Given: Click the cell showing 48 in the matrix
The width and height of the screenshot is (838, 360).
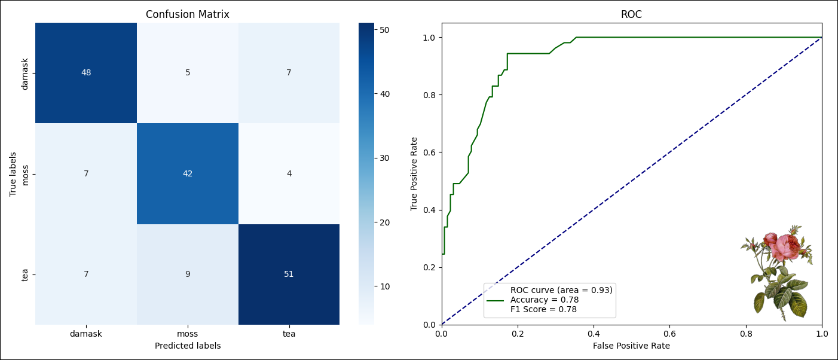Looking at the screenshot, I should coord(86,73).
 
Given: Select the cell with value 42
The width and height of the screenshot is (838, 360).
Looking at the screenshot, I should coord(188,173).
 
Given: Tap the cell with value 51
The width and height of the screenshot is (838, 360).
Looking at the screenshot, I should coord(289,274).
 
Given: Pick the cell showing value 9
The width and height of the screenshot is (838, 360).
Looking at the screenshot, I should coord(188,274).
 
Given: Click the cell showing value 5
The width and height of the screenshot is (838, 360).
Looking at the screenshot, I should coord(188,73).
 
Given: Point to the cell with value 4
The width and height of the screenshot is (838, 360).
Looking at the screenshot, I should coord(289,173).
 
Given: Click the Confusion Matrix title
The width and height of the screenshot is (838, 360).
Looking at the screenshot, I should coord(188,14).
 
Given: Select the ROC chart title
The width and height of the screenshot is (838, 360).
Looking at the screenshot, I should coord(631,14).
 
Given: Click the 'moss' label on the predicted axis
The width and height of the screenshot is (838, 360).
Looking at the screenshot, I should coord(188,334).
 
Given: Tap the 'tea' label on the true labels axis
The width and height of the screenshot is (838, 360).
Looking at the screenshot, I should coord(25,274).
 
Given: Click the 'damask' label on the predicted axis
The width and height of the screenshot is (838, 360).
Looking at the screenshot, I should coord(86,334).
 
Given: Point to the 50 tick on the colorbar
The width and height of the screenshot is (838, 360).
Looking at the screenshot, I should coord(385,29).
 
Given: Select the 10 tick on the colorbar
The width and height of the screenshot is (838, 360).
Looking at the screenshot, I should coord(385,286).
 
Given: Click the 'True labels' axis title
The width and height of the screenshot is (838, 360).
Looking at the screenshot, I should coord(13,173).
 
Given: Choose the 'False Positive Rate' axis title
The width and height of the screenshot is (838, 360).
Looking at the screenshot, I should coord(631,346).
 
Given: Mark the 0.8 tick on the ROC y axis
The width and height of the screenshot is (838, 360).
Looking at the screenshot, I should coord(429,94).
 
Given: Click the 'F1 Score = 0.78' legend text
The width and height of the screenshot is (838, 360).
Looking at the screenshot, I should coord(543,309).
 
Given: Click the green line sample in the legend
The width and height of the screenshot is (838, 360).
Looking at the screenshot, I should coord(496,300).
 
